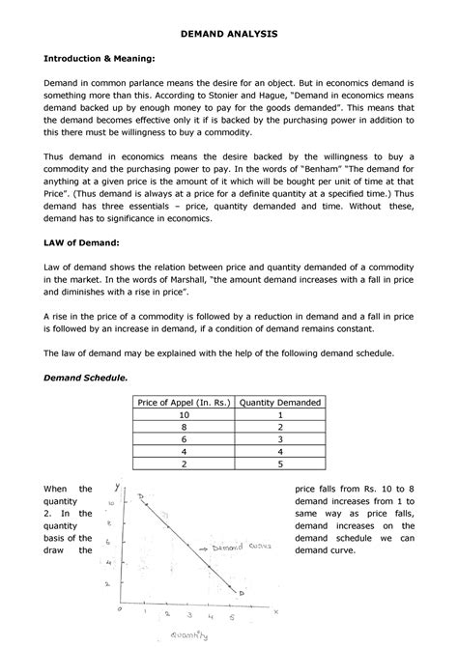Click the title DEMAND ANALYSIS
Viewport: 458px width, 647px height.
click(229, 33)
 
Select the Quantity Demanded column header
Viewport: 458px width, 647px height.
click(281, 402)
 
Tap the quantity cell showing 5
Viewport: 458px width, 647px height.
click(281, 463)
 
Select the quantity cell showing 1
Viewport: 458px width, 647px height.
click(281, 414)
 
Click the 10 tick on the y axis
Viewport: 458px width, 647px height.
click(111, 503)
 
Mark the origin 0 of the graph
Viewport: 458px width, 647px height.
click(119, 610)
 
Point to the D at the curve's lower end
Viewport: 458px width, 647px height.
click(242, 592)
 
